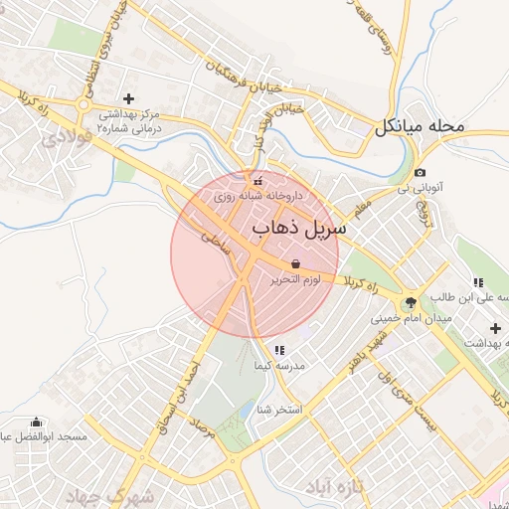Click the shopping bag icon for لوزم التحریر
(x=295, y=263)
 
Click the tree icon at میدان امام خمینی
(x=411, y=302)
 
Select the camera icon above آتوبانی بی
(x=420, y=172)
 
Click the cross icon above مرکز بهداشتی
(x=127, y=98)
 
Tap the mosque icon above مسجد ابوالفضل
(x=38, y=422)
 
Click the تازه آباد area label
(x=338, y=486)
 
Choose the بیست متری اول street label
(x=409, y=399)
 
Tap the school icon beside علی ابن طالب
(x=478, y=282)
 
